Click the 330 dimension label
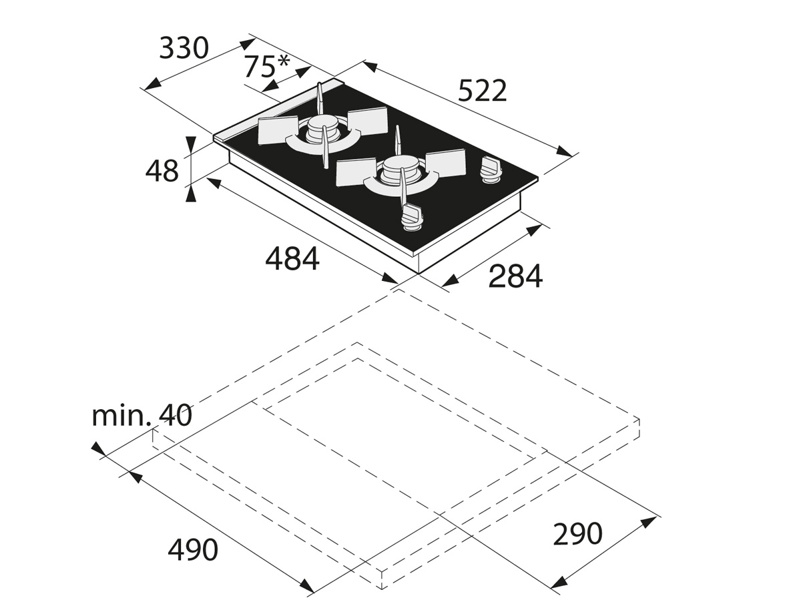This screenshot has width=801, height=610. pyautogui.click(x=184, y=47)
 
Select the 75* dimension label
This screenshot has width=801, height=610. pyautogui.click(x=266, y=66)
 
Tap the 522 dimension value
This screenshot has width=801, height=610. pyautogui.click(x=482, y=90)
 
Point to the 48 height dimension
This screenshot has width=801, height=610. pyautogui.click(x=162, y=170)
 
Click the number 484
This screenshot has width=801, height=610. pyautogui.click(x=292, y=259)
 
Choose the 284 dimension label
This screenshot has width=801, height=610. pyautogui.click(x=515, y=276)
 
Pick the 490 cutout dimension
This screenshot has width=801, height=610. pyautogui.click(x=193, y=550)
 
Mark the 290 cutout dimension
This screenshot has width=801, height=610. pyautogui.click(x=577, y=534)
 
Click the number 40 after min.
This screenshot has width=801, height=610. pyautogui.click(x=174, y=415)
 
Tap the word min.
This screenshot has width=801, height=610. pyautogui.click(x=121, y=415)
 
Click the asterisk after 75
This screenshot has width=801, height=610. pyautogui.click(x=282, y=61)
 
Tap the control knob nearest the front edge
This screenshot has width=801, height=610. pyautogui.click(x=411, y=218)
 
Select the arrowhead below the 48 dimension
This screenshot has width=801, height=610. pyautogui.click(x=190, y=194)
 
